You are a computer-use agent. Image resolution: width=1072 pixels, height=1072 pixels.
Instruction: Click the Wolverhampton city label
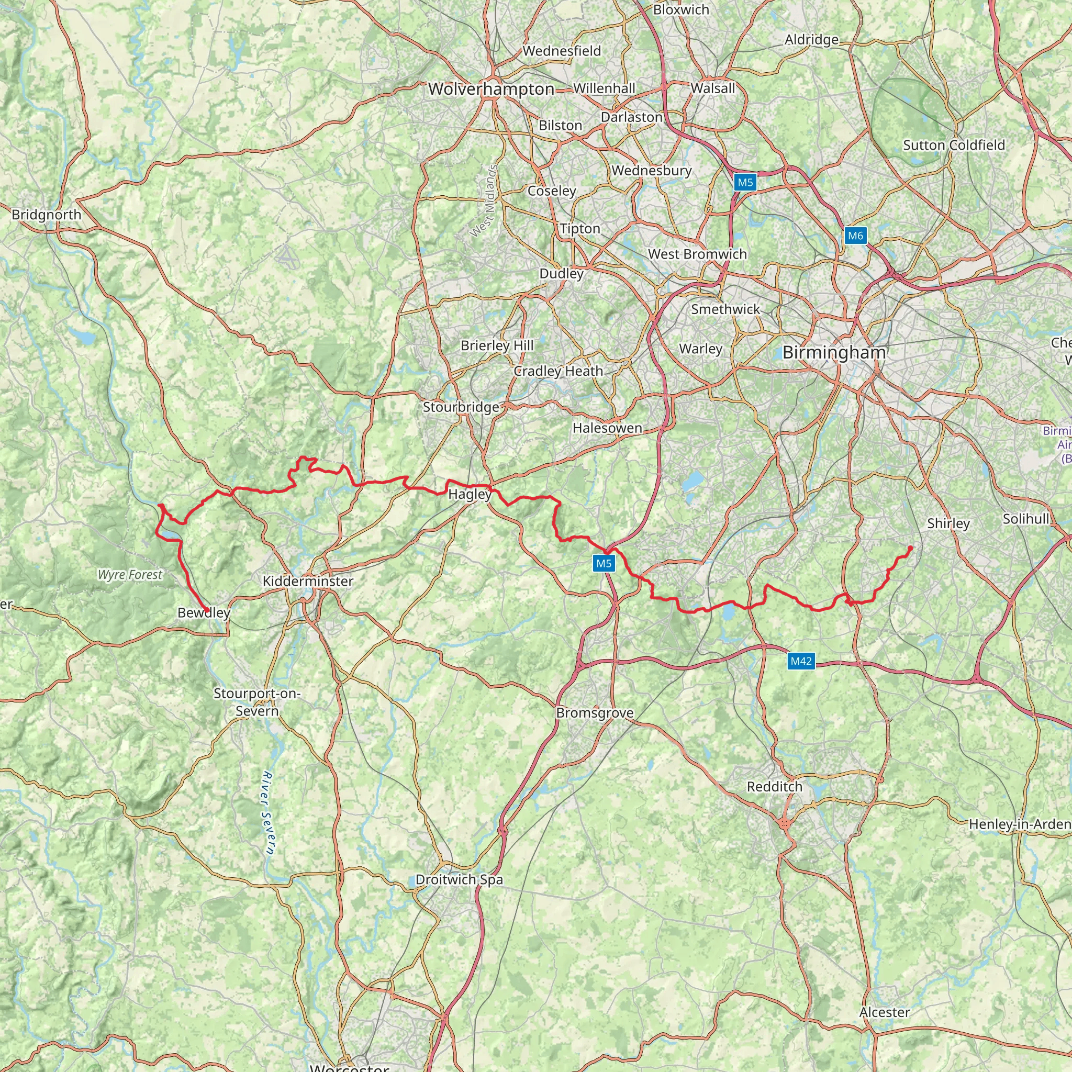[491, 90]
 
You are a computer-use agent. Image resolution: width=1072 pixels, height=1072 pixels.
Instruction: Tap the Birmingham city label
[834, 353]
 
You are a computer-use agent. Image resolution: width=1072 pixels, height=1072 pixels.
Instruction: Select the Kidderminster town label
[308, 582]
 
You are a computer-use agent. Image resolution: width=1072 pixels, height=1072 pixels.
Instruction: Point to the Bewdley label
[204, 612]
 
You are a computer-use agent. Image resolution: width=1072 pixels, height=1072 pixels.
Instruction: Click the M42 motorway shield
[801, 661]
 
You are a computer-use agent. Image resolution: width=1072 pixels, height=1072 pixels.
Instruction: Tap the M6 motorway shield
[855, 236]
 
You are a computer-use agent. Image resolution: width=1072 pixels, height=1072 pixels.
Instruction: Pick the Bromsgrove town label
[595, 713]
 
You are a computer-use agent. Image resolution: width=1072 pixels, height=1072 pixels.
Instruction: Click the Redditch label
[775, 787]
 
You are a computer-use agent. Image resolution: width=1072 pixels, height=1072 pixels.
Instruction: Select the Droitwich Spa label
[460, 879]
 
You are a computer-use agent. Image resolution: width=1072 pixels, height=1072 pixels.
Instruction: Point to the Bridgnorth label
[47, 215]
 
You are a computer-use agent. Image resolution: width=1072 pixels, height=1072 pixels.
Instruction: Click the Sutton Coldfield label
[954, 146]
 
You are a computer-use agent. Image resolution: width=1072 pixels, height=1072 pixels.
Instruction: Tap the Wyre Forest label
[130, 575]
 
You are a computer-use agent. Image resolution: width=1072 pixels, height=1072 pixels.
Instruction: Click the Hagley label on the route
[470, 494]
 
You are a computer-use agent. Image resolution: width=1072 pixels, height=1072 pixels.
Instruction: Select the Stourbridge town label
[461, 407]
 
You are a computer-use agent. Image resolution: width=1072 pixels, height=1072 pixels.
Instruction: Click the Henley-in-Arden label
[1020, 824]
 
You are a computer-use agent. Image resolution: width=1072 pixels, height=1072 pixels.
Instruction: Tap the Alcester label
[885, 1013]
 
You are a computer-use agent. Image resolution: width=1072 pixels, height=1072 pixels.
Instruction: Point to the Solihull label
[1026, 519]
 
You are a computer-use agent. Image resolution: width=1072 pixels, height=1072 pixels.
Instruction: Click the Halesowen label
[608, 428]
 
